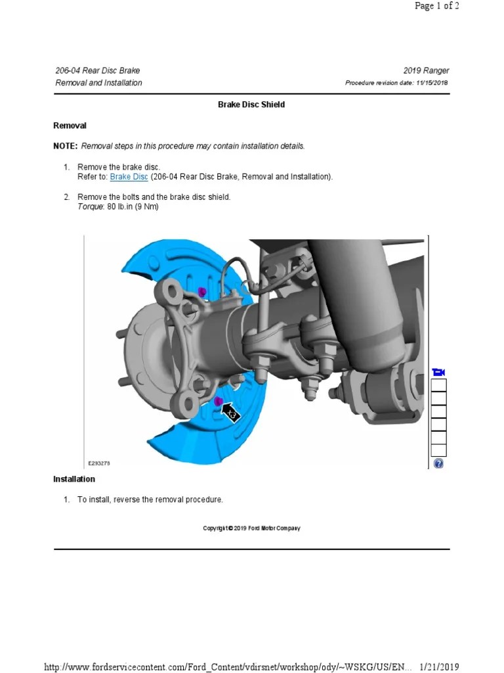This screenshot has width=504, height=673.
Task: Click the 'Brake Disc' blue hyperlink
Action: tap(129, 177)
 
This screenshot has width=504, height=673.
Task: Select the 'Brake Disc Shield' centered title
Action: tap(251, 104)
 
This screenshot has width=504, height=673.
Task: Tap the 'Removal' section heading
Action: tap(70, 126)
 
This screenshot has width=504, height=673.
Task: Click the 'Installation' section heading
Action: tap(74, 479)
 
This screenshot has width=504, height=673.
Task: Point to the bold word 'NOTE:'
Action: tap(66, 146)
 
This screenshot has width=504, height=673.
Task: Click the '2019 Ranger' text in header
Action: tap(427, 71)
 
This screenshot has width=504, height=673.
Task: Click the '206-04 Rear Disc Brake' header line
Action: tap(98, 71)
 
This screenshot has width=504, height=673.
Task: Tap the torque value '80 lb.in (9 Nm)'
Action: tap(133, 206)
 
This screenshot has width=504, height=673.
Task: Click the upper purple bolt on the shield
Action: tap(202, 291)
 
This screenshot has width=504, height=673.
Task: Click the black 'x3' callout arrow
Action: tap(231, 413)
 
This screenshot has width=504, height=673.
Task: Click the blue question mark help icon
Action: tap(438, 463)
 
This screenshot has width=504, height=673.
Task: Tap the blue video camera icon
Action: tap(438, 373)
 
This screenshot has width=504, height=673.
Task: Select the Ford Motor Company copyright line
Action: tap(251, 528)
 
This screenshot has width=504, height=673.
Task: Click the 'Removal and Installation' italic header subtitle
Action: tap(98, 83)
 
